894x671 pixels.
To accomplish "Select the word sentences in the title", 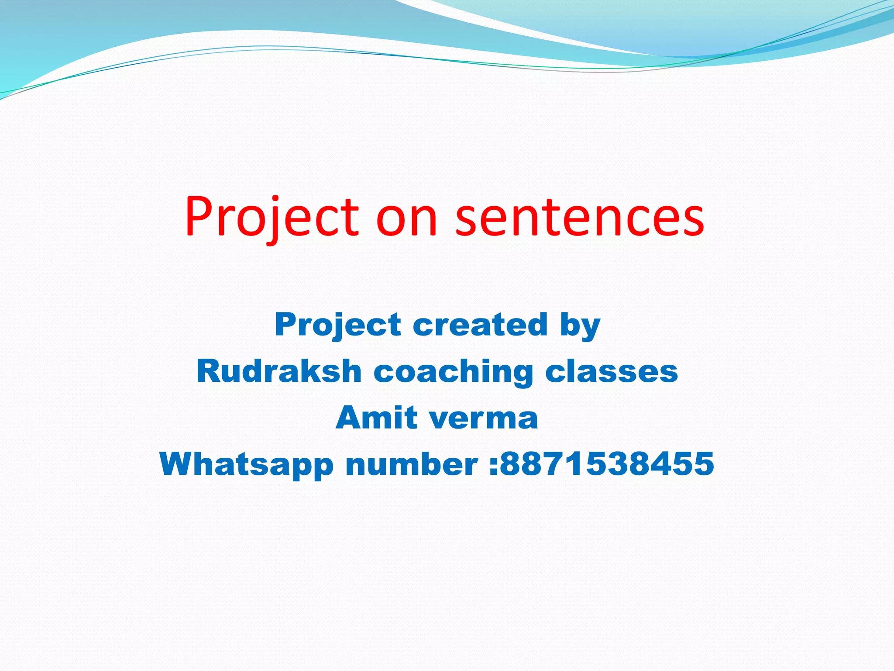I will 580,217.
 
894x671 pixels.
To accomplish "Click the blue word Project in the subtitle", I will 338,325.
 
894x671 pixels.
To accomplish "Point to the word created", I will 480,324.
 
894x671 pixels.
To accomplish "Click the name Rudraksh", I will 279,371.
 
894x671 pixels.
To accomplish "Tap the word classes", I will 612,371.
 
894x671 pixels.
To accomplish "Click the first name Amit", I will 376,418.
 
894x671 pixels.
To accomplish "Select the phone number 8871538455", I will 607,464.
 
